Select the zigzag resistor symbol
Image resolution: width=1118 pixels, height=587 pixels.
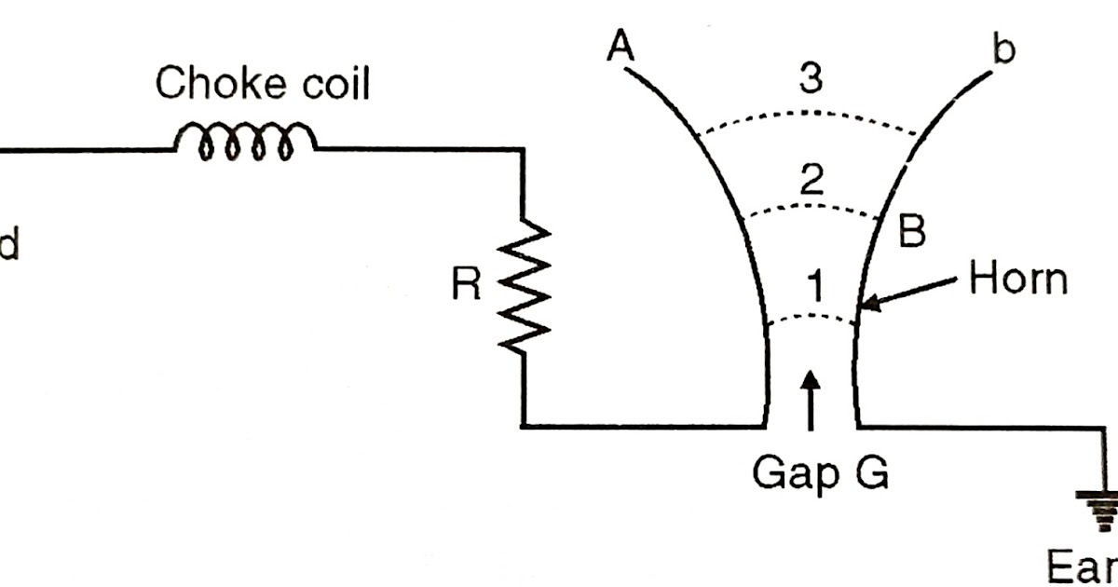pos(524,285)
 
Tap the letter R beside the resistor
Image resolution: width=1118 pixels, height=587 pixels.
pos(466,285)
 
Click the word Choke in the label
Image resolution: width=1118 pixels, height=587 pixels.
pos(210,84)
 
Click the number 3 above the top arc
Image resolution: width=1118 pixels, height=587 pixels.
pos(811,81)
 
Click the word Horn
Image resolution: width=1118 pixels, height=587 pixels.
pos(1017,280)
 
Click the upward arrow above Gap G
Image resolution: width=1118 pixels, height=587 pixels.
pos(811,400)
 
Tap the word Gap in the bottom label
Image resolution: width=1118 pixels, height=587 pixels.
pos(785,475)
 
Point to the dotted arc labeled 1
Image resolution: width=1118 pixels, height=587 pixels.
pos(811,317)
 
